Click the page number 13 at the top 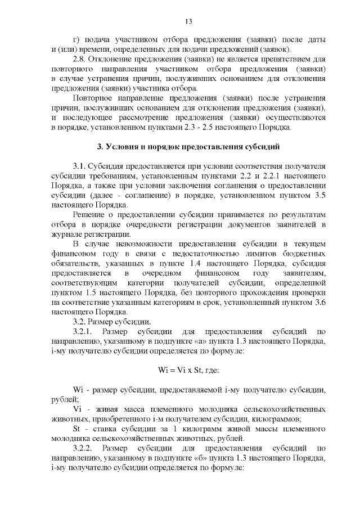click(188, 21)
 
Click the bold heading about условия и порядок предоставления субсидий click(188, 147)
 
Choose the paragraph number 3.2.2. click(86, 448)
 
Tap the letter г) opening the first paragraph click(78, 39)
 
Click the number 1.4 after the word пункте click(196, 263)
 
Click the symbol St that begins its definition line click(78, 429)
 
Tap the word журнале click(67, 235)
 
